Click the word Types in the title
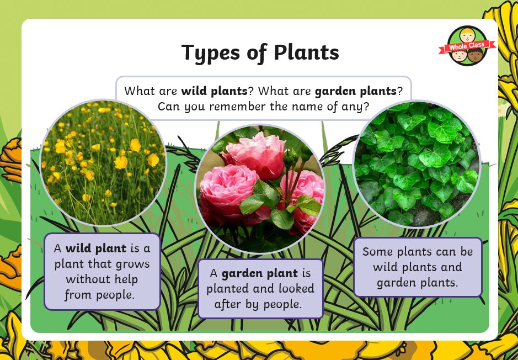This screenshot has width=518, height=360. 210,53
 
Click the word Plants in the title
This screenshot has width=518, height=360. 306,52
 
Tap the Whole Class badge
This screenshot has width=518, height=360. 467,46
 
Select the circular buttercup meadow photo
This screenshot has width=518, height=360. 103,163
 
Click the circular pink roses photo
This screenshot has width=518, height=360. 260,189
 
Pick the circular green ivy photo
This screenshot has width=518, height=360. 417,164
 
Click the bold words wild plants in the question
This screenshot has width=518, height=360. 214,91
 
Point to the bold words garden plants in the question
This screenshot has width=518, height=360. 355,91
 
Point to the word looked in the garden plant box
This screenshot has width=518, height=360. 296,289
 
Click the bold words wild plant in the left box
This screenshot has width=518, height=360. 96,248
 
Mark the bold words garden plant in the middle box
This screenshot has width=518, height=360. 260,274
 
